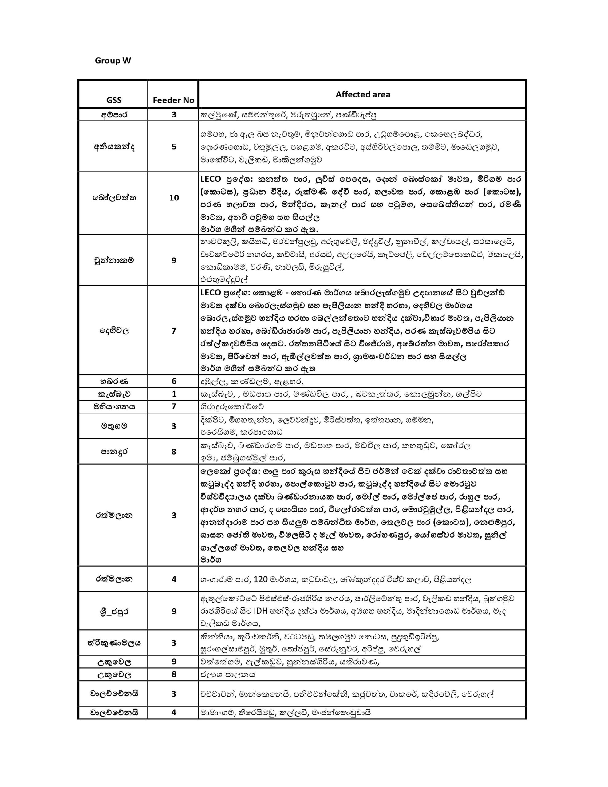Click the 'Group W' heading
tap(113, 61)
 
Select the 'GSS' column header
tap(113, 100)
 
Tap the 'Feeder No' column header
tap(173, 100)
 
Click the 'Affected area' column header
tap(363, 94)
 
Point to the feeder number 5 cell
tap(174, 147)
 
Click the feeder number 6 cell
tap(174, 381)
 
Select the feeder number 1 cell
tap(174, 394)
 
